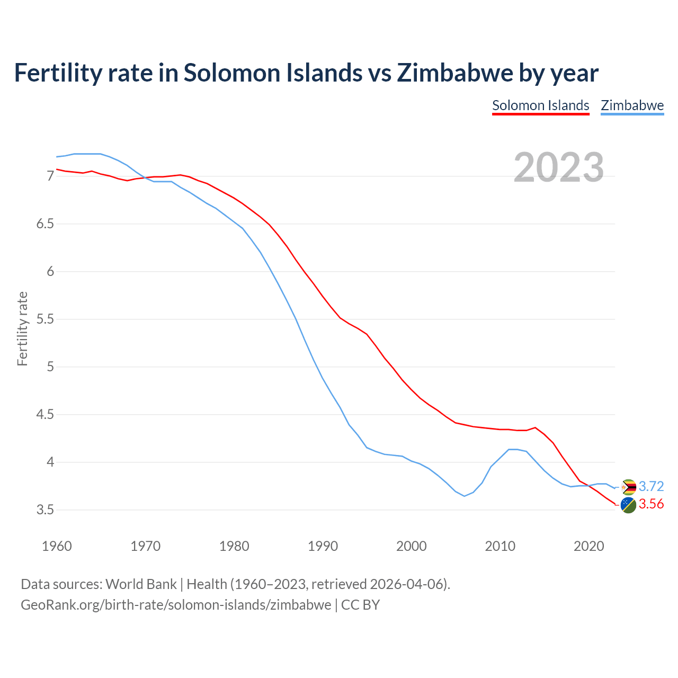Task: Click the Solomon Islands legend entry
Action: click(540, 105)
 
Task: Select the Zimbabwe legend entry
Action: click(632, 105)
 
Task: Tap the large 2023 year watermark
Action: click(558, 167)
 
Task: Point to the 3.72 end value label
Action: click(651, 486)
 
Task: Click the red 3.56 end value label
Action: click(651, 504)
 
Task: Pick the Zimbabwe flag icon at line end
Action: click(628, 487)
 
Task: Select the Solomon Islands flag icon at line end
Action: click(628, 505)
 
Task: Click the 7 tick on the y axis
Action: click(50, 176)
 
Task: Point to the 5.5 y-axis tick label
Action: click(45, 319)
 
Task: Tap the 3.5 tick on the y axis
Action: click(45, 510)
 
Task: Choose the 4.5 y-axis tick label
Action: click(45, 415)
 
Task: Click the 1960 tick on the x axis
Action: click(57, 546)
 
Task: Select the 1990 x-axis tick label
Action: click(323, 546)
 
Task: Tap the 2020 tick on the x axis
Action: click(588, 546)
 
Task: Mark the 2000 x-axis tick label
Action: click(411, 546)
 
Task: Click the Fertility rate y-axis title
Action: click(22, 328)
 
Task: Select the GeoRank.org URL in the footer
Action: click(176, 604)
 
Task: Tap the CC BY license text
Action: click(360, 604)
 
